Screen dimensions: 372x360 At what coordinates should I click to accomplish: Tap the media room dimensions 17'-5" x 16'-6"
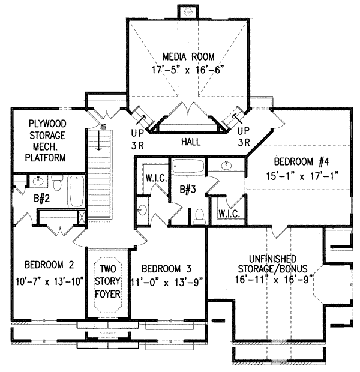point(187,70)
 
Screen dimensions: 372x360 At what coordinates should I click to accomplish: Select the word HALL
point(190,142)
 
